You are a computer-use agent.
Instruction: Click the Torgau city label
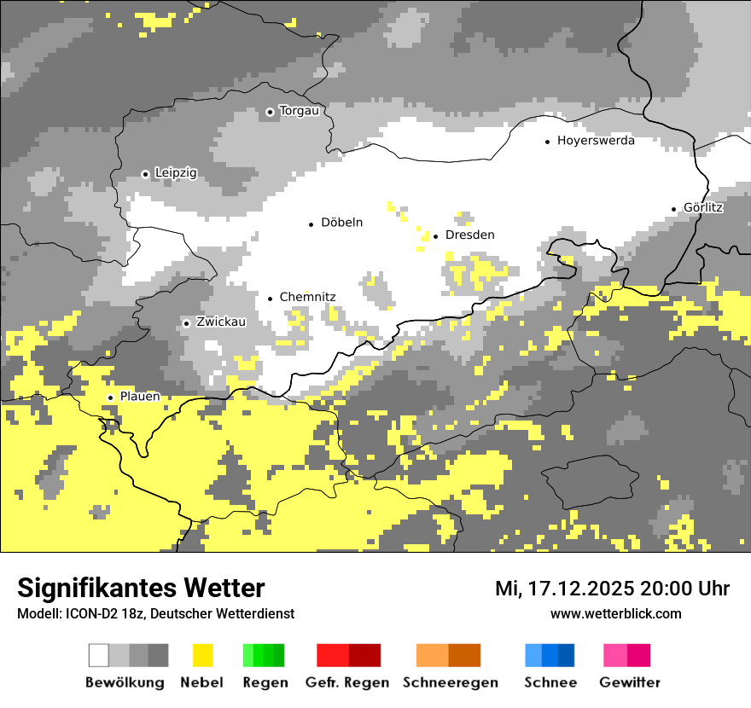tap(299, 111)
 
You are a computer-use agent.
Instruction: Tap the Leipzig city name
tap(175, 173)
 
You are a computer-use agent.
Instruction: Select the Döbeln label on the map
tap(341, 223)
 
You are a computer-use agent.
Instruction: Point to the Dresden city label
tap(469, 235)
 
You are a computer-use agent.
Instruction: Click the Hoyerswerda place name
tap(596, 141)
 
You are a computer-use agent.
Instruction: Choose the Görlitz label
tap(703, 207)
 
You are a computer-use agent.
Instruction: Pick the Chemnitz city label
tap(307, 298)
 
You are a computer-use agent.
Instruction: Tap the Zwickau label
tap(221, 322)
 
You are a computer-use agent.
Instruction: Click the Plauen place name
tap(140, 397)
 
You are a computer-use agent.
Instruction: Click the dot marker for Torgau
tap(270, 112)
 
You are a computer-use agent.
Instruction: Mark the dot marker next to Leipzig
tap(145, 174)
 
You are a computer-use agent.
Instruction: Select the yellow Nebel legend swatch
tap(202, 655)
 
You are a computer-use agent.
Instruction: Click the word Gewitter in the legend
tap(630, 682)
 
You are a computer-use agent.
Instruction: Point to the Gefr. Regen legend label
tap(347, 682)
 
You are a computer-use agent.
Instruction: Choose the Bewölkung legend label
tap(125, 682)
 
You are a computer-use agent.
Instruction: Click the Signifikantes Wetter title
tap(141, 588)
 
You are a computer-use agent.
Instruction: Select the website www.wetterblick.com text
tap(615, 613)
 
